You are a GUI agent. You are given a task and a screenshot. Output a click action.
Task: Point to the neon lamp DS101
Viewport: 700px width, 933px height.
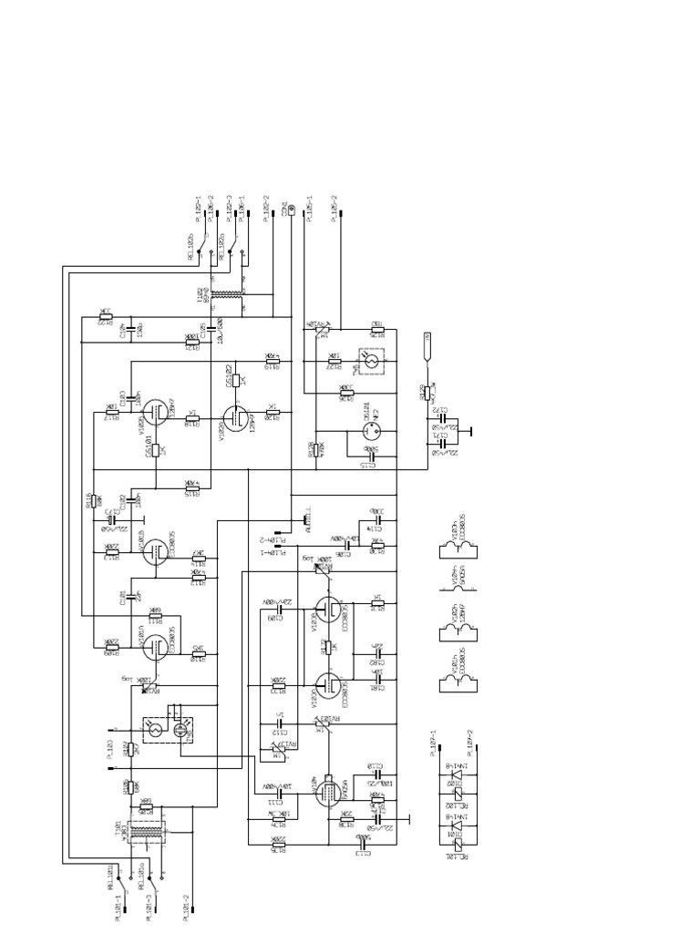point(363,439)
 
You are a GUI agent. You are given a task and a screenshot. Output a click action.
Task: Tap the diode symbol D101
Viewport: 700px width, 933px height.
point(455,833)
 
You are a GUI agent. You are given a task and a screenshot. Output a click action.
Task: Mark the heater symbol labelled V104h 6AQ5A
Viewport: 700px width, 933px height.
point(455,574)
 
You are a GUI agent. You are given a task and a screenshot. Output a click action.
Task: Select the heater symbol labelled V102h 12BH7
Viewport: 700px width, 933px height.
point(455,624)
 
